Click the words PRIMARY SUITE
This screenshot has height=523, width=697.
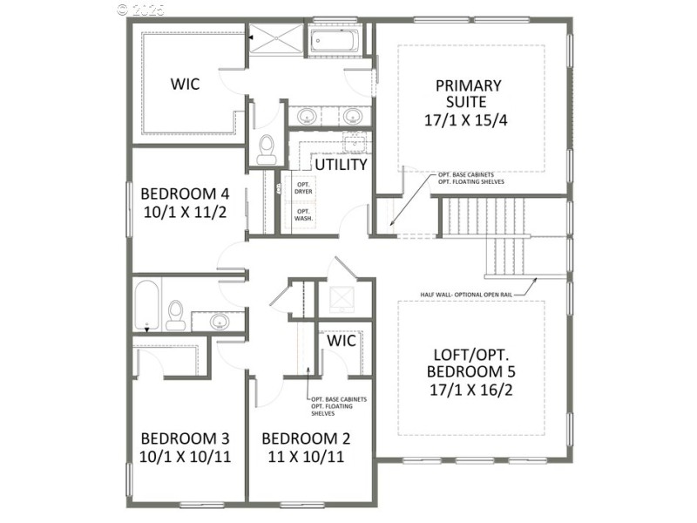point(469,95)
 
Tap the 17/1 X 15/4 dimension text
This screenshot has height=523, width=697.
point(469,119)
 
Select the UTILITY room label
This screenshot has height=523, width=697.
point(341,165)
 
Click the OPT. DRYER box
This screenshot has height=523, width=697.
point(303,188)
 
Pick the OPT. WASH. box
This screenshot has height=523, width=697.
point(303,214)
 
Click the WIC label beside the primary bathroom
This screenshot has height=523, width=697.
point(185,85)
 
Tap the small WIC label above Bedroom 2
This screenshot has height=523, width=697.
point(342,341)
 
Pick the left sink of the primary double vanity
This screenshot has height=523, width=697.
point(307,116)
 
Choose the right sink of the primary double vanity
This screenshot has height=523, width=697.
point(352,116)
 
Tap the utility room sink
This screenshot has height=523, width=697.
point(354,141)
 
